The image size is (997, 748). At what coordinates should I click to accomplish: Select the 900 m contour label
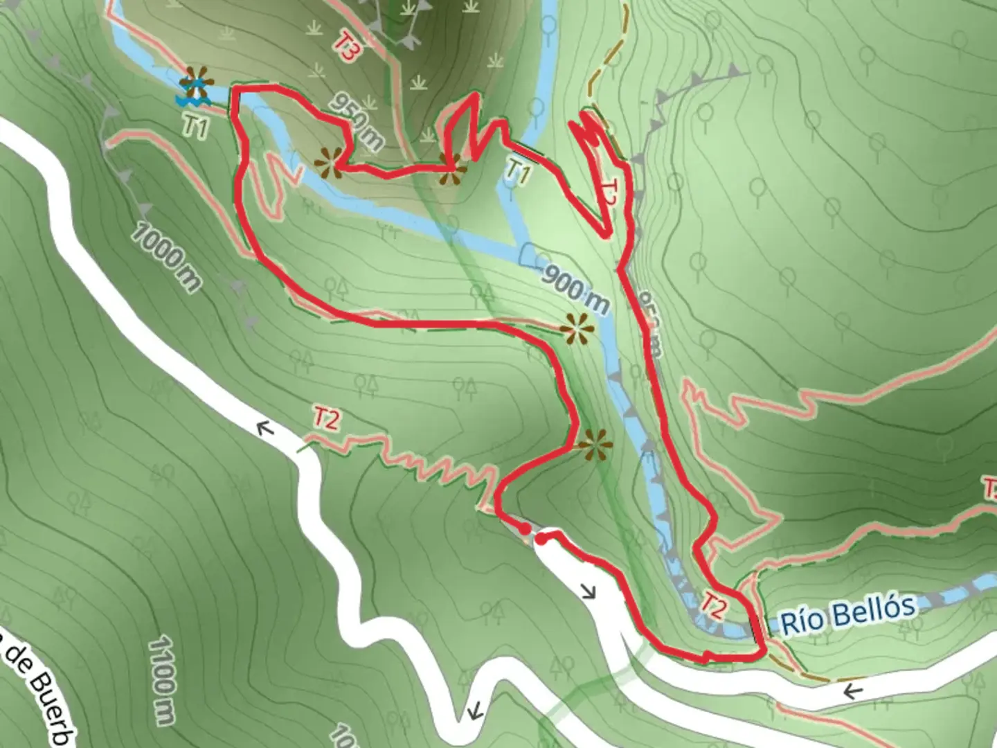[575, 287]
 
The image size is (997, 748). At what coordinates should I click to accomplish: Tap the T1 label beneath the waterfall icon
[196, 126]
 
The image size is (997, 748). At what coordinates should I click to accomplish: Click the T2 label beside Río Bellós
[713, 605]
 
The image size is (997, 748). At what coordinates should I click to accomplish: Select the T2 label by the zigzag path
[326, 418]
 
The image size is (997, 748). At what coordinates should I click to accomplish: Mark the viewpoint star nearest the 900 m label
[577, 329]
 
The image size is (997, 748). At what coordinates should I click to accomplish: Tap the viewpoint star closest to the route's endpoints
[595, 445]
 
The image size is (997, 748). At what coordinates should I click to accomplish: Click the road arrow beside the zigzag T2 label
[264, 429]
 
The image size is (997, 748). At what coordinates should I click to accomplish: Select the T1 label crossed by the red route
[518, 170]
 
